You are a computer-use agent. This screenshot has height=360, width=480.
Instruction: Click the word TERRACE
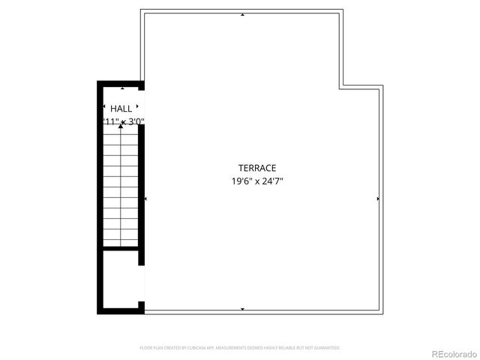point(257,168)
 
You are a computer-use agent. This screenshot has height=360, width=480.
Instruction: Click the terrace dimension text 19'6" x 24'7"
point(257,181)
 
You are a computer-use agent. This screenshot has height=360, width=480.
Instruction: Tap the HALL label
point(121,109)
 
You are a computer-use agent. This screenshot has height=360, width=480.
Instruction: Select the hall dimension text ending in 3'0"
point(123,121)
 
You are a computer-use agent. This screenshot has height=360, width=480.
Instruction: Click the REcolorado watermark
point(452,353)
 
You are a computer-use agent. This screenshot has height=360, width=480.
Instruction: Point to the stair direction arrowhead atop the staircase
point(121,126)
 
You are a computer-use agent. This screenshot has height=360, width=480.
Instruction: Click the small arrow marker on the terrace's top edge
point(241,14)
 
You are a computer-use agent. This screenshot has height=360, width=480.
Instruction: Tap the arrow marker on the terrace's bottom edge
point(241,309)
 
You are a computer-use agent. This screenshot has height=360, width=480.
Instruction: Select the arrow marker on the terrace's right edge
point(378,199)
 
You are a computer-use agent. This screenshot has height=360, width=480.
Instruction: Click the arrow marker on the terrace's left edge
point(145,199)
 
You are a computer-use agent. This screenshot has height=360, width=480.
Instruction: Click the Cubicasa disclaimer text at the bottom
point(240,348)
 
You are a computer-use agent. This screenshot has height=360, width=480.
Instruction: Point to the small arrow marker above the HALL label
point(122,88)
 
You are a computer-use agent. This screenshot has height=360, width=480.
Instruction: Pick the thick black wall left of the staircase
point(98,195)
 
